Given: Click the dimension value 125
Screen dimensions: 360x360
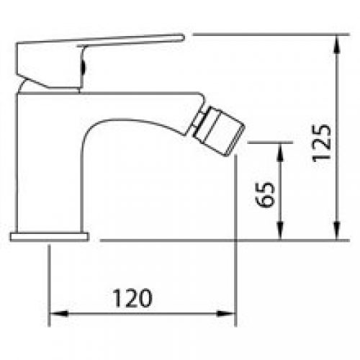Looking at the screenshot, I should tap(323, 143).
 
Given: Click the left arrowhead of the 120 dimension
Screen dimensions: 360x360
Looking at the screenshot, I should tap(56, 315).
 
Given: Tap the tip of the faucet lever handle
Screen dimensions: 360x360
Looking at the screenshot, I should tap(181, 35).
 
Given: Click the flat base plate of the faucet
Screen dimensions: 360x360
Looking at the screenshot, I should tap(49, 235).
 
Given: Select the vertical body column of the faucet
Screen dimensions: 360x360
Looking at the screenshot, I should tap(50, 166).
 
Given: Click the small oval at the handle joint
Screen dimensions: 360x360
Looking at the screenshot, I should tap(85, 69).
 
